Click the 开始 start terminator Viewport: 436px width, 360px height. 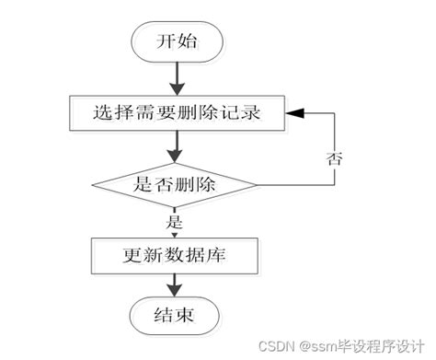[175, 41]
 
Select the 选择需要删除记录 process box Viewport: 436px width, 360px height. [176, 114]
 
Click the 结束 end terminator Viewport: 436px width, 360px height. [175, 316]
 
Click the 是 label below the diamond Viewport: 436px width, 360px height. [175, 221]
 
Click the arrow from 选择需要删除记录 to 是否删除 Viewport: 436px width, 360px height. [175, 147]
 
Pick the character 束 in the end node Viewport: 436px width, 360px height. [187, 316]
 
